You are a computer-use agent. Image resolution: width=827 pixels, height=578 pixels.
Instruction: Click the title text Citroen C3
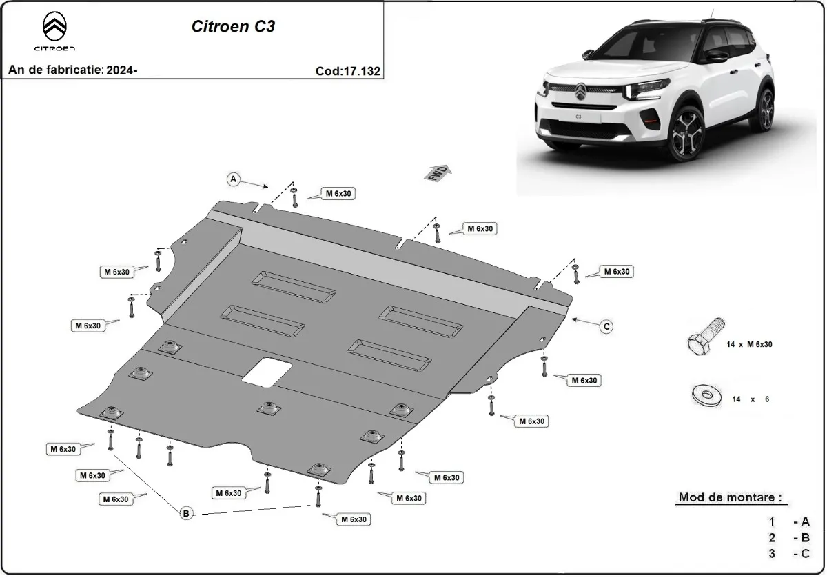point(232,27)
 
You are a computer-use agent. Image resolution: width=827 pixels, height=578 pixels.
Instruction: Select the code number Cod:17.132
point(348,70)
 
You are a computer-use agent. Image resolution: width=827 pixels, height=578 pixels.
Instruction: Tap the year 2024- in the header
point(122,70)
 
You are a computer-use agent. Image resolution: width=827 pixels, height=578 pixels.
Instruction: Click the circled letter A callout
point(234,179)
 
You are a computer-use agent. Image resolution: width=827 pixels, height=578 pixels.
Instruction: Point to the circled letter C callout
point(606,326)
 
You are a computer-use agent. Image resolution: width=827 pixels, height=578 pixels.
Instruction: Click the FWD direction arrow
point(438,174)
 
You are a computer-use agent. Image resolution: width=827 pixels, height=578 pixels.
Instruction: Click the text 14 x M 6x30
point(748,344)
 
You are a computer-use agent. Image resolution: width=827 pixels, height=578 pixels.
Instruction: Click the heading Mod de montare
point(731,497)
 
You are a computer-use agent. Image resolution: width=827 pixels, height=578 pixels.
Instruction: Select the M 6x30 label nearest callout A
point(339,194)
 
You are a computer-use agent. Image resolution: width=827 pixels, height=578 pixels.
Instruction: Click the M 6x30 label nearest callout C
point(617,272)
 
